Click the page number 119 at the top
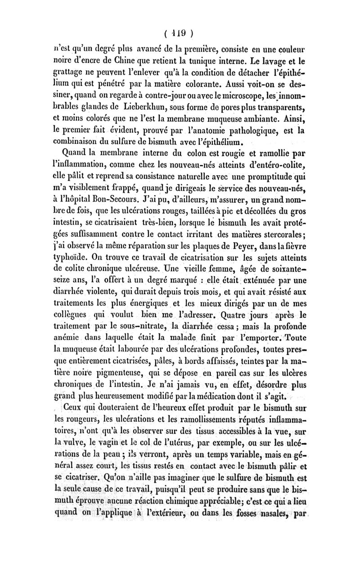(x=179, y=33)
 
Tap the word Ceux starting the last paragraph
(x=75, y=410)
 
